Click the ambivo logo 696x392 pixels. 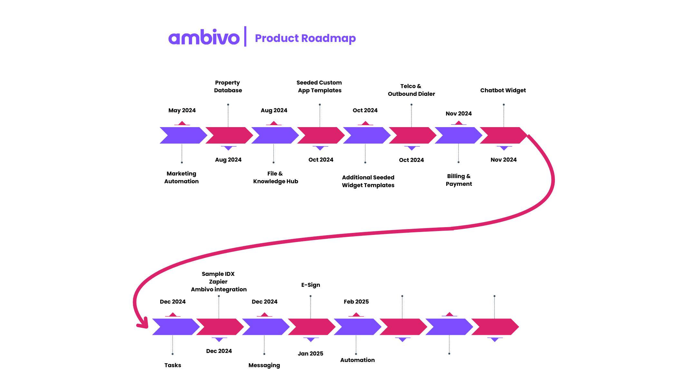[x=204, y=38]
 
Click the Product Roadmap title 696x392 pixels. [x=305, y=38]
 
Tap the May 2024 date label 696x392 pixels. [x=182, y=110]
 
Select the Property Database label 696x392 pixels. [x=228, y=86]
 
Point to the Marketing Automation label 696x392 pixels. [x=181, y=177]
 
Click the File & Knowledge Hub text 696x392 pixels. [x=275, y=177]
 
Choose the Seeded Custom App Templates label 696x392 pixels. [x=319, y=86]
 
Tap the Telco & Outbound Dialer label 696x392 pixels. [x=411, y=90]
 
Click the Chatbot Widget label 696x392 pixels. [x=503, y=90]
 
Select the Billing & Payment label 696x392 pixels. [x=459, y=180]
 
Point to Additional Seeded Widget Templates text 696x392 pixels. [x=368, y=181]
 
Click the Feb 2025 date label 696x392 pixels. [x=356, y=302]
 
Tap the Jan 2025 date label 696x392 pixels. [x=310, y=354]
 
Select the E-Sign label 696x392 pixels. [x=311, y=285]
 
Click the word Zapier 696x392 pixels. [x=218, y=282]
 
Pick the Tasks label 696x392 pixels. [x=173, y=365]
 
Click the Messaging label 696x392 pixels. [x=264, y=365]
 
